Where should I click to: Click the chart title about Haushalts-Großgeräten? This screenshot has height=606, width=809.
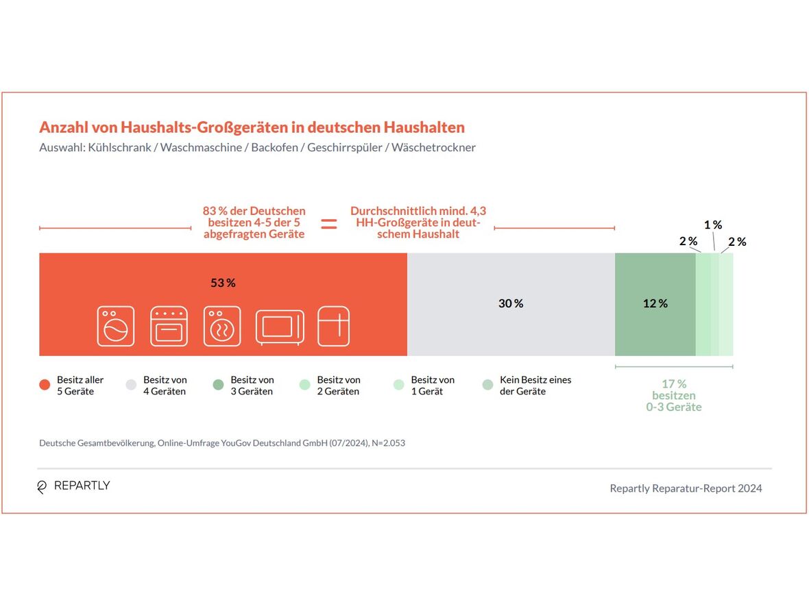[x=252, y=127]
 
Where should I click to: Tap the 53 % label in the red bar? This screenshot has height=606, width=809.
[x=223, y=283]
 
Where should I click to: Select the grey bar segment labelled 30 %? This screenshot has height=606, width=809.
[x=511, y=304]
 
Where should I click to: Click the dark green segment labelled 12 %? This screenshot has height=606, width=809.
[x=655, y=304]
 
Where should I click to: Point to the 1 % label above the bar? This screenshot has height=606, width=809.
[x=713, y=225]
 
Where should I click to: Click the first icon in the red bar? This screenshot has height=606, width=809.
[x=115, y=326]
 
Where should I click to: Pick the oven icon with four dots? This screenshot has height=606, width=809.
[x=169, y=326]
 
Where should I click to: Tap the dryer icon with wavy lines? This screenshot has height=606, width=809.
[x=222, y=326]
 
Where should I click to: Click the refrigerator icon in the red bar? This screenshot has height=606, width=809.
[x=334, y=326]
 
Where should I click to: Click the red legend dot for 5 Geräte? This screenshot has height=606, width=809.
[x=45, y=386]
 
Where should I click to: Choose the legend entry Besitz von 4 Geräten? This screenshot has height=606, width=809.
[x=165, y=386]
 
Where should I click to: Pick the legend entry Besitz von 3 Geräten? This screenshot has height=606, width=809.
[x=252, y=386]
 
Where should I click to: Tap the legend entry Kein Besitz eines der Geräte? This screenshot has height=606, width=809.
[x=535, y=386]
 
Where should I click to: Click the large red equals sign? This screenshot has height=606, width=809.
[x=329, y=223]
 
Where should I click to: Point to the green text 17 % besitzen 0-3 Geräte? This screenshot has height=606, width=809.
[x=673, y=396]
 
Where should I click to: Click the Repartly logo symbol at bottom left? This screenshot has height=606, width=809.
[x=42, y=487]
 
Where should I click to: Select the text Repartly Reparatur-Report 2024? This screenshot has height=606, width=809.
[x=686, y=488]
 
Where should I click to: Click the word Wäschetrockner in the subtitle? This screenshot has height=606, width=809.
[x=433, y=147]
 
